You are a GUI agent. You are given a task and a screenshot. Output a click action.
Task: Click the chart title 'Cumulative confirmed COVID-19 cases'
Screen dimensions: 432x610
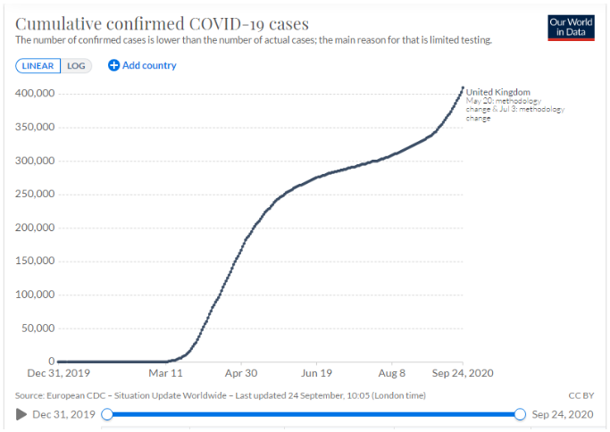163,23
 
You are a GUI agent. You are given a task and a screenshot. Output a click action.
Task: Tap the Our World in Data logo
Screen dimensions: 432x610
571,28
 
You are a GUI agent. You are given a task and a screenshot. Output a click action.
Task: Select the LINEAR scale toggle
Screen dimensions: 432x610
38,65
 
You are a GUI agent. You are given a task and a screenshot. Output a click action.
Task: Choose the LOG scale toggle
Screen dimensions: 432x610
77,65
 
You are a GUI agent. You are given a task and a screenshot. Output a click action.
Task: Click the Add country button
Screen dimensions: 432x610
142,65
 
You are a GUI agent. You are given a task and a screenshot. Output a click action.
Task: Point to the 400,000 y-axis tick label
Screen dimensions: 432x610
37,93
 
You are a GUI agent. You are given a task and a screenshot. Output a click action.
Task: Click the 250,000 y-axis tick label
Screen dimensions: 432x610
37,194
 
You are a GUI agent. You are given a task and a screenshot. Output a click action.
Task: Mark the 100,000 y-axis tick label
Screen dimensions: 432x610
37,295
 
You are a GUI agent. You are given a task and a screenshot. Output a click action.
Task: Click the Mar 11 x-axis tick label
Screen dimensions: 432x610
165,374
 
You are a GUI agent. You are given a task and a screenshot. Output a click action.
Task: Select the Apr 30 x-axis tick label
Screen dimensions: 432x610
241,374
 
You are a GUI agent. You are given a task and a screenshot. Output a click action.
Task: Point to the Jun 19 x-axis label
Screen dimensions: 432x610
317,374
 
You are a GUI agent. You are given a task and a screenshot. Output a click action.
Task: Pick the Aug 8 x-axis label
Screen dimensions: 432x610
392,374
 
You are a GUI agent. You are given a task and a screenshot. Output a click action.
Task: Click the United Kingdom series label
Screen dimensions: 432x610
498,92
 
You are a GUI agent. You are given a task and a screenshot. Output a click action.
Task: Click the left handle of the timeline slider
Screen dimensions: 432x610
107,414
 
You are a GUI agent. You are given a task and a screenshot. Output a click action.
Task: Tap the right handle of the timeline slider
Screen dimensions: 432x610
520,414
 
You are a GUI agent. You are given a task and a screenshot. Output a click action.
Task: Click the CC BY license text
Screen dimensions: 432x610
581,395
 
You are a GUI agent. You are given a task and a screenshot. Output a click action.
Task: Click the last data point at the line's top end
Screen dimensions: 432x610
463,87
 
